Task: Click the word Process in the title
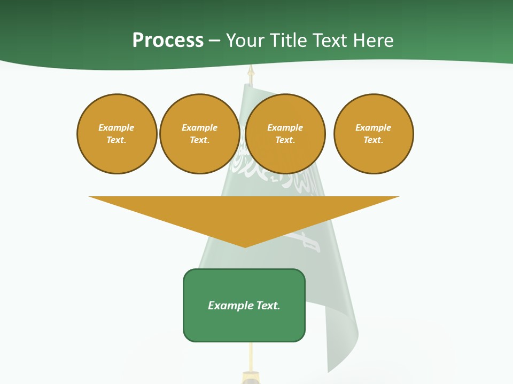point(168,41)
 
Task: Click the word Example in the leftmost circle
point(116,128)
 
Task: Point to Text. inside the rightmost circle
point(374,140)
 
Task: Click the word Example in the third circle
point(285,128)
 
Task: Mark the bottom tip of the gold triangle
point(245,246)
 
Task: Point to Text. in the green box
point(268,306)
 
